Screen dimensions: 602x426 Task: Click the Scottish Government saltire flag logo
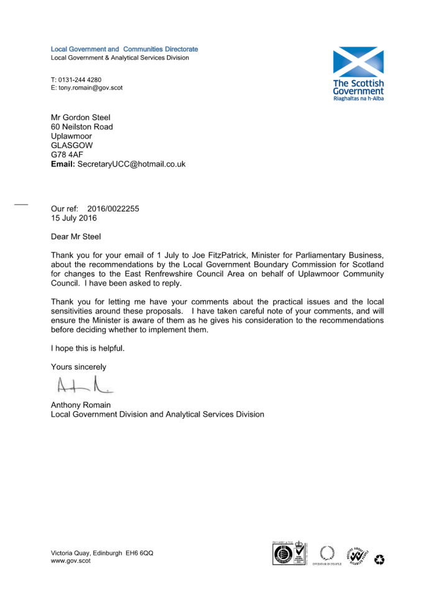point(358,62)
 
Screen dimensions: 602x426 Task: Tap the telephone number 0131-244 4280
point(80,80)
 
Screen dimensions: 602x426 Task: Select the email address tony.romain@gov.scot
point(91,88)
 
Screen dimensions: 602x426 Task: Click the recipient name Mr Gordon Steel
point(80,117)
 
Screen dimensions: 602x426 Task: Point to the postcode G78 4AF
point(67,155)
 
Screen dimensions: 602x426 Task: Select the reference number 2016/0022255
point(113,209)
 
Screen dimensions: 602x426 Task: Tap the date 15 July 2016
point(73,218)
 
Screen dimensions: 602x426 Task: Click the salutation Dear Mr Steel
point(75,236)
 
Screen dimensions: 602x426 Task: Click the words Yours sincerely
point(78,367)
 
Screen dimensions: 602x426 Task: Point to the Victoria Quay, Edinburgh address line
point(101,553)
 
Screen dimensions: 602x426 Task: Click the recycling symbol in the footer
point(379,560)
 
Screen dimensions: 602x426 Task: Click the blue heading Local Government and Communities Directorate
point(124,49)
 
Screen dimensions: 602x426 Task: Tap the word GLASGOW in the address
point(72,146)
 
